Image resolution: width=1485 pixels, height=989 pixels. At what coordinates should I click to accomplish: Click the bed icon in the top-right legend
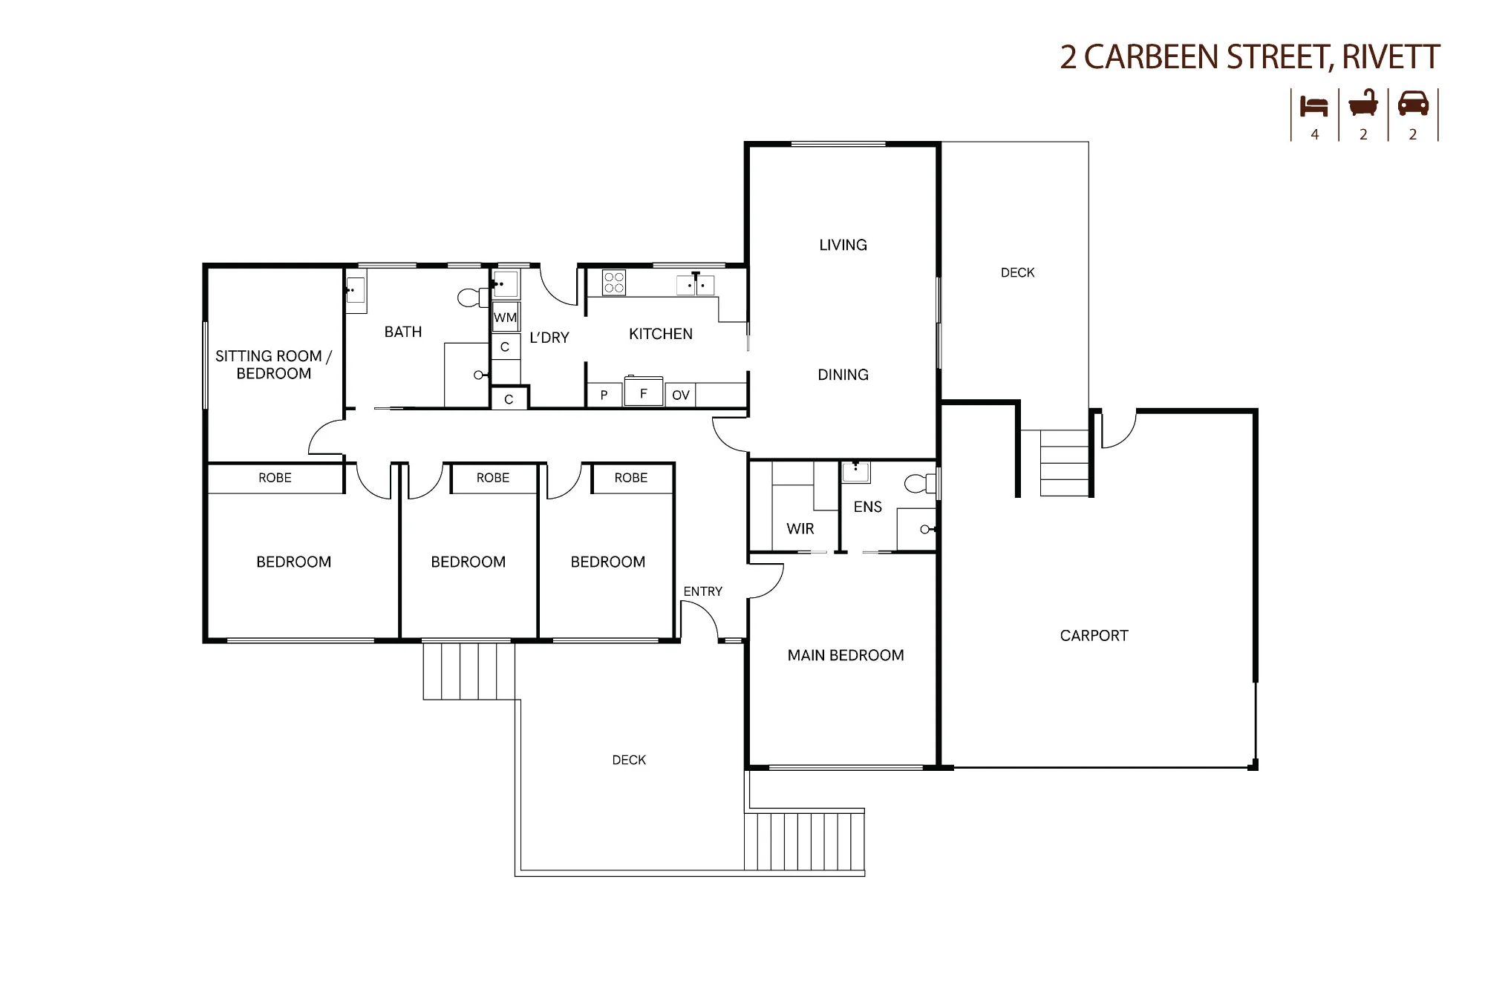point(1313,107)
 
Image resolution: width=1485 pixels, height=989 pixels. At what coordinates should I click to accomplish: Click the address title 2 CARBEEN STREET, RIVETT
point(1250,57)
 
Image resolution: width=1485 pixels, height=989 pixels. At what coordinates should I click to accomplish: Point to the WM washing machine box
point(506,317)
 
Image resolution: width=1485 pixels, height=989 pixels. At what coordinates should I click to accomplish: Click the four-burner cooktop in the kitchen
point(614,283)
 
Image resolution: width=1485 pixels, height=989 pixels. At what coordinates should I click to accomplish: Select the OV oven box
point(680,395)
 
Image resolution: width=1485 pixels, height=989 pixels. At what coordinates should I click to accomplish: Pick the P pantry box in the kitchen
point(604,395)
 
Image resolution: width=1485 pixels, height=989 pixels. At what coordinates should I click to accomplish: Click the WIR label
point(800,528)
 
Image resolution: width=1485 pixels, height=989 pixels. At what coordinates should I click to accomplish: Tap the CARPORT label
point(1094,635)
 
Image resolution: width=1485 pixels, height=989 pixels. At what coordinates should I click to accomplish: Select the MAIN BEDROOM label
point(846,655)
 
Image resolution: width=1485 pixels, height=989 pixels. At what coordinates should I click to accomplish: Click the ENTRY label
point(702,591)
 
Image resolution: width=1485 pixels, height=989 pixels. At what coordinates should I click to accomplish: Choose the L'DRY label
point(549,337)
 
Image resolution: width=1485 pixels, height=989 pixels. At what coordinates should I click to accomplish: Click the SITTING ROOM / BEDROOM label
point(273,364)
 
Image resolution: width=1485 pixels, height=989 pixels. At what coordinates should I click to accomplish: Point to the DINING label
point(843,375)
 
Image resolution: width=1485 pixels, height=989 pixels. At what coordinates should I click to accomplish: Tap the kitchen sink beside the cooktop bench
point(696,284)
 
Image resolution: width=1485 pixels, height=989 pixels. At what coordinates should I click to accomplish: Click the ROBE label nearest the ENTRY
point(631,478)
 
